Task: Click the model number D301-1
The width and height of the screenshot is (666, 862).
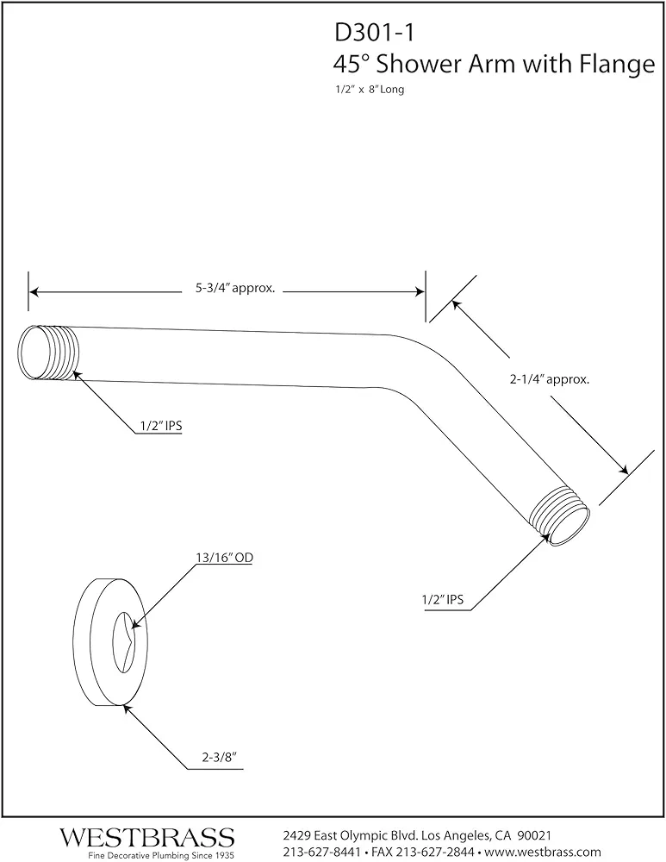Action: click(x=374, y=33)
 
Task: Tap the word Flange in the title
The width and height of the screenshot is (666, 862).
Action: click(x=618, y=65)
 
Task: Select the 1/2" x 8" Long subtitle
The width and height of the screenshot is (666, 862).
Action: click(x=370, y=89)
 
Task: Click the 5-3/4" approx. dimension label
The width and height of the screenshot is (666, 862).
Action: click(x=235, y=288)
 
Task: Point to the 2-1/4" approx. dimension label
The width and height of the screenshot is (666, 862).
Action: click(x=550, y=378)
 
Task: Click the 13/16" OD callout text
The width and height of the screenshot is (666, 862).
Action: click(x=224, y=558)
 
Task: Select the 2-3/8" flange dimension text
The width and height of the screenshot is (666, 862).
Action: click(x=219, y=757)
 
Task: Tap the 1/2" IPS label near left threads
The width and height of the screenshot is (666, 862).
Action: click(x=161, y=426)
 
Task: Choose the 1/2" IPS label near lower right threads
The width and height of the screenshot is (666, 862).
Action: click(x=443, y=599)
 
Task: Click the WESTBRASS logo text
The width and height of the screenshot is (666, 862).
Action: click(x=147, y=838)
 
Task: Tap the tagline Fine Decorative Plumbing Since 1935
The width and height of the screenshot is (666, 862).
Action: click(x=161, y=855)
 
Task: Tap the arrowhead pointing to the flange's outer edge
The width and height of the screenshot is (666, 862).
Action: click(x=128, y=709)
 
